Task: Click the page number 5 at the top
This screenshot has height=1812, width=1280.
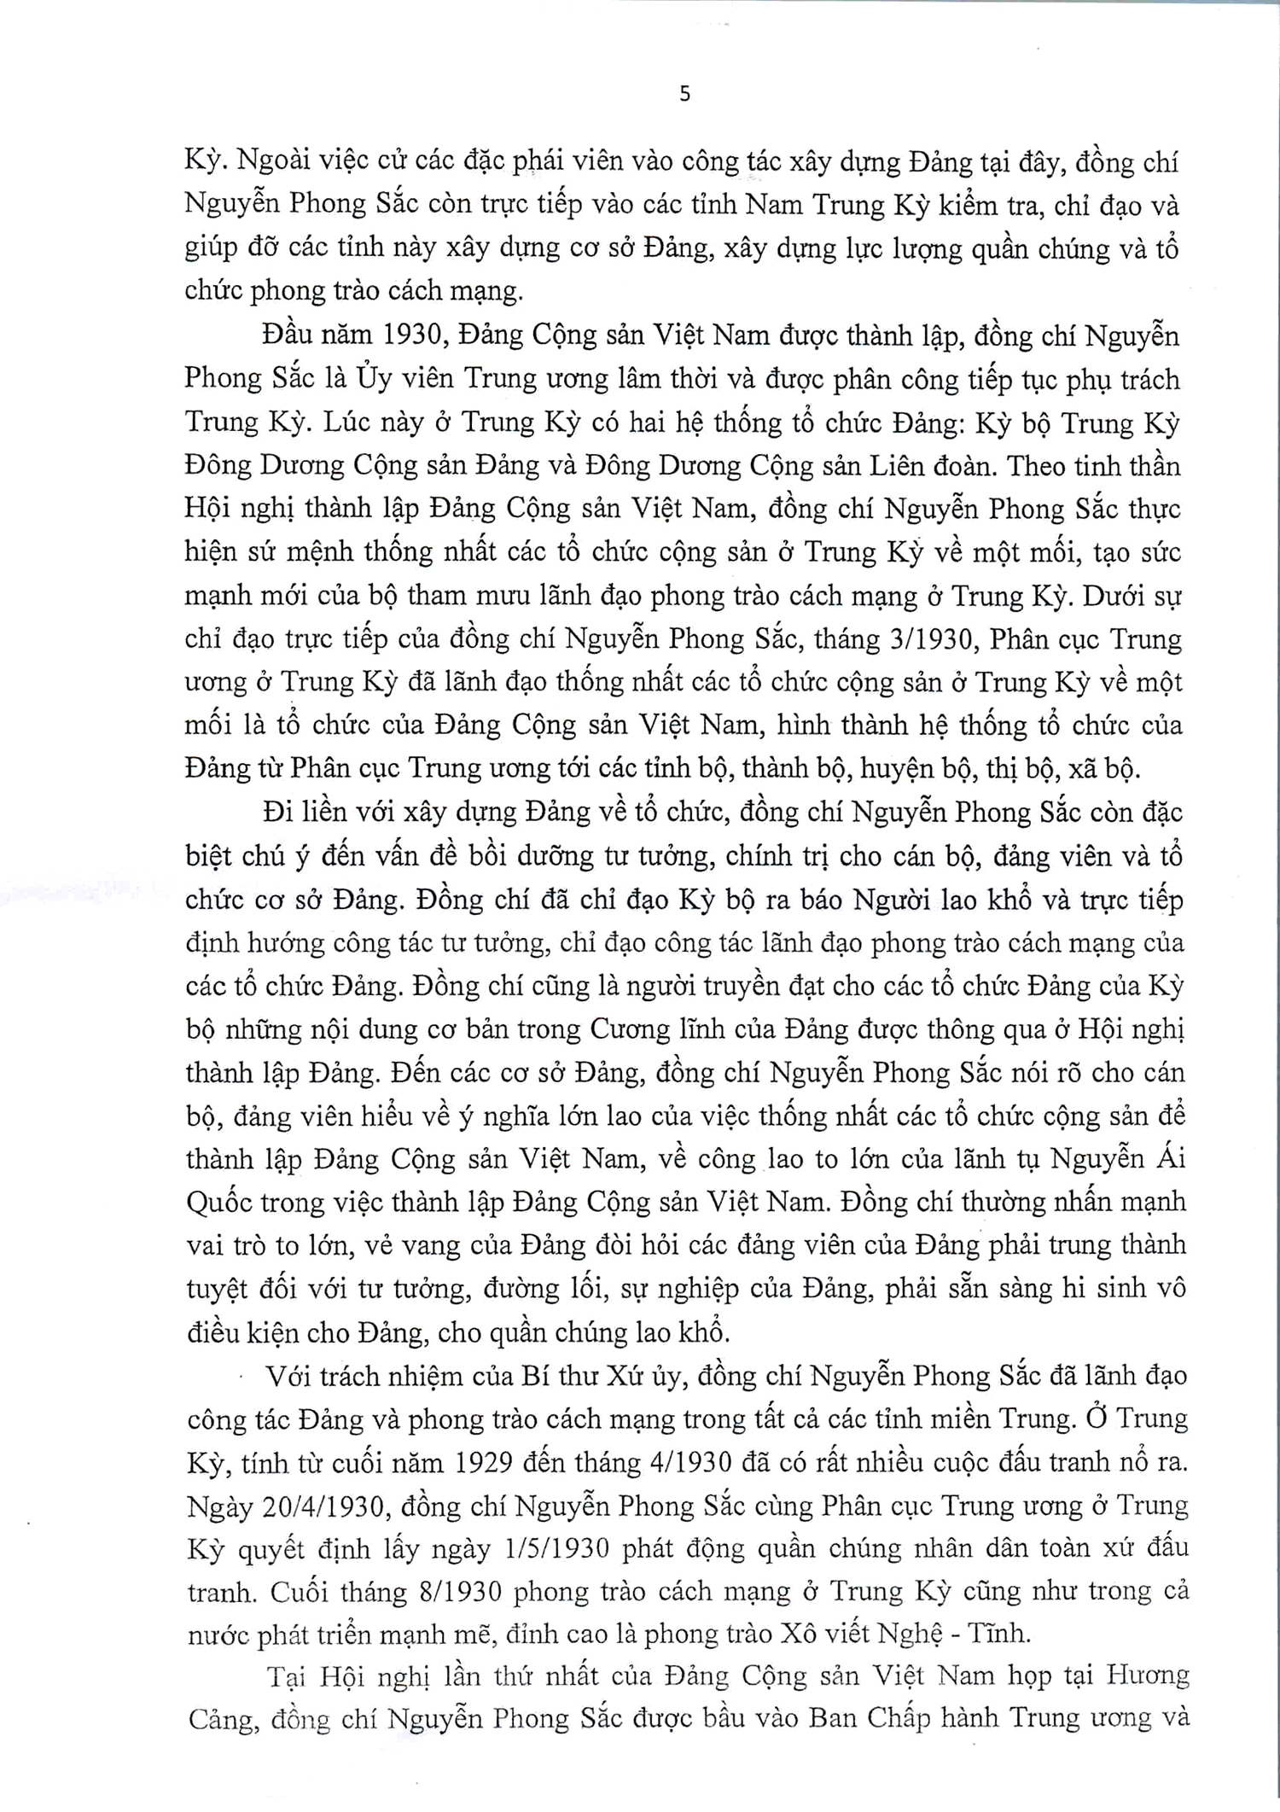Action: [684, 95]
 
